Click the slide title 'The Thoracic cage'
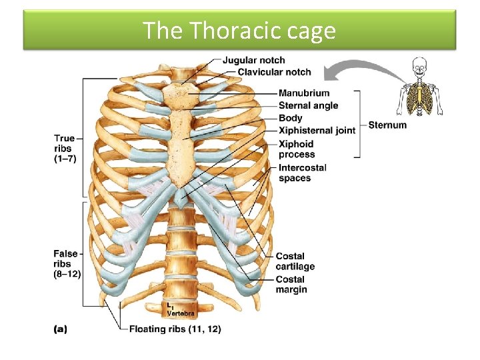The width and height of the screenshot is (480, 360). pyautogui.click(x=239, y=31)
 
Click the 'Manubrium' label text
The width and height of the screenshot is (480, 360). pyautogui.click(x=304, y=93)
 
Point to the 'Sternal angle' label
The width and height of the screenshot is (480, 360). pyautogui.click(x=308, y=105)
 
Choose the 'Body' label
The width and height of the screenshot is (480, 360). pyautogui.click(x=290, y=118)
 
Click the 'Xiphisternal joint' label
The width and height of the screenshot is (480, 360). pyautogui.click(x=317, y=131)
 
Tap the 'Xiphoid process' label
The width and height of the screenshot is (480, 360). pyautogui.click(x=297, y=149)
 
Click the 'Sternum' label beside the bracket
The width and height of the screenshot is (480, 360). pyautogui.click(x=387, y=125)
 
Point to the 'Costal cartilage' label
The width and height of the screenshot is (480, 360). pyautogui.click(x=295, y=261)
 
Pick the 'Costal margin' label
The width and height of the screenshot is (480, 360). pyautogui.click(x=291, y=285)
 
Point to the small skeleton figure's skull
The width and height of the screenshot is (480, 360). pyautogui.click(x=419, y=66)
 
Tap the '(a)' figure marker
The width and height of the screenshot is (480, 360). pyautogui.click(x=59, y=329)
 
